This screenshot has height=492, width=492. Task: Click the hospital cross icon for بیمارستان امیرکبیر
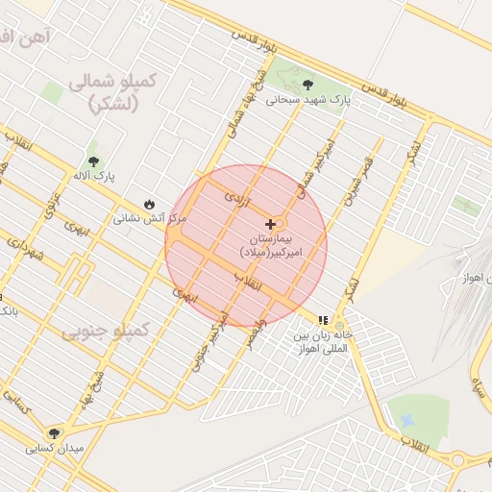coord(270,223)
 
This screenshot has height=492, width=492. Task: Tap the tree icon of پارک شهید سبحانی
coord(307,85)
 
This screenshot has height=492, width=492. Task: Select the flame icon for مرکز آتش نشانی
coord(150,204)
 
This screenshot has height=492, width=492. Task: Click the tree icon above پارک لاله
coord(93,161)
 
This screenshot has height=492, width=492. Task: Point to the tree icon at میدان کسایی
coord(54,433)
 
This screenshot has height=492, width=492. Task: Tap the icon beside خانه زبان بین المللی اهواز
coord(324,320)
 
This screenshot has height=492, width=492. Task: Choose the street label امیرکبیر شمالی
coord(325,159)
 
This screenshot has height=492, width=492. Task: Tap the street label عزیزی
coord(50,204)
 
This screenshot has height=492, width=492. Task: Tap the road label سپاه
coord(479,384)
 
